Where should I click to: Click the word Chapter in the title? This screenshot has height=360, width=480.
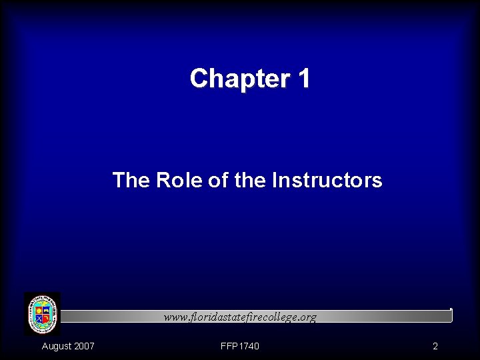point(236,79)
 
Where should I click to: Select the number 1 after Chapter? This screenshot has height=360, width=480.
point(303,79)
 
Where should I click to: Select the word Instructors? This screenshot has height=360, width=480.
point(327,180)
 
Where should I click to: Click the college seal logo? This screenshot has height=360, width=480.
point(42,314)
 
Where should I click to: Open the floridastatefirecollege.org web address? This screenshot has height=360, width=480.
point(241,317)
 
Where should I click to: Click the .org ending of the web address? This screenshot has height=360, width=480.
point(307,318)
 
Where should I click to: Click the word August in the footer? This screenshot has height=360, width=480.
point(56,346)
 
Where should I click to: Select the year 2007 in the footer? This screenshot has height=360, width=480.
point(84,346)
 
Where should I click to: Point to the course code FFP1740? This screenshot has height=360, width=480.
point(240,346)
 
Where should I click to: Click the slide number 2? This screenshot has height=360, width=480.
point(435,346)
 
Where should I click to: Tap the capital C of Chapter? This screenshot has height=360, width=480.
point(199,79)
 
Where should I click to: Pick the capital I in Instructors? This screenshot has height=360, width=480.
point(275,180)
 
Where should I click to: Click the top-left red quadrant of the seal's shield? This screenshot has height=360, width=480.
point(38,309)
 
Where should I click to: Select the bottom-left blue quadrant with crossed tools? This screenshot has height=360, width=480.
point(38,319)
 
